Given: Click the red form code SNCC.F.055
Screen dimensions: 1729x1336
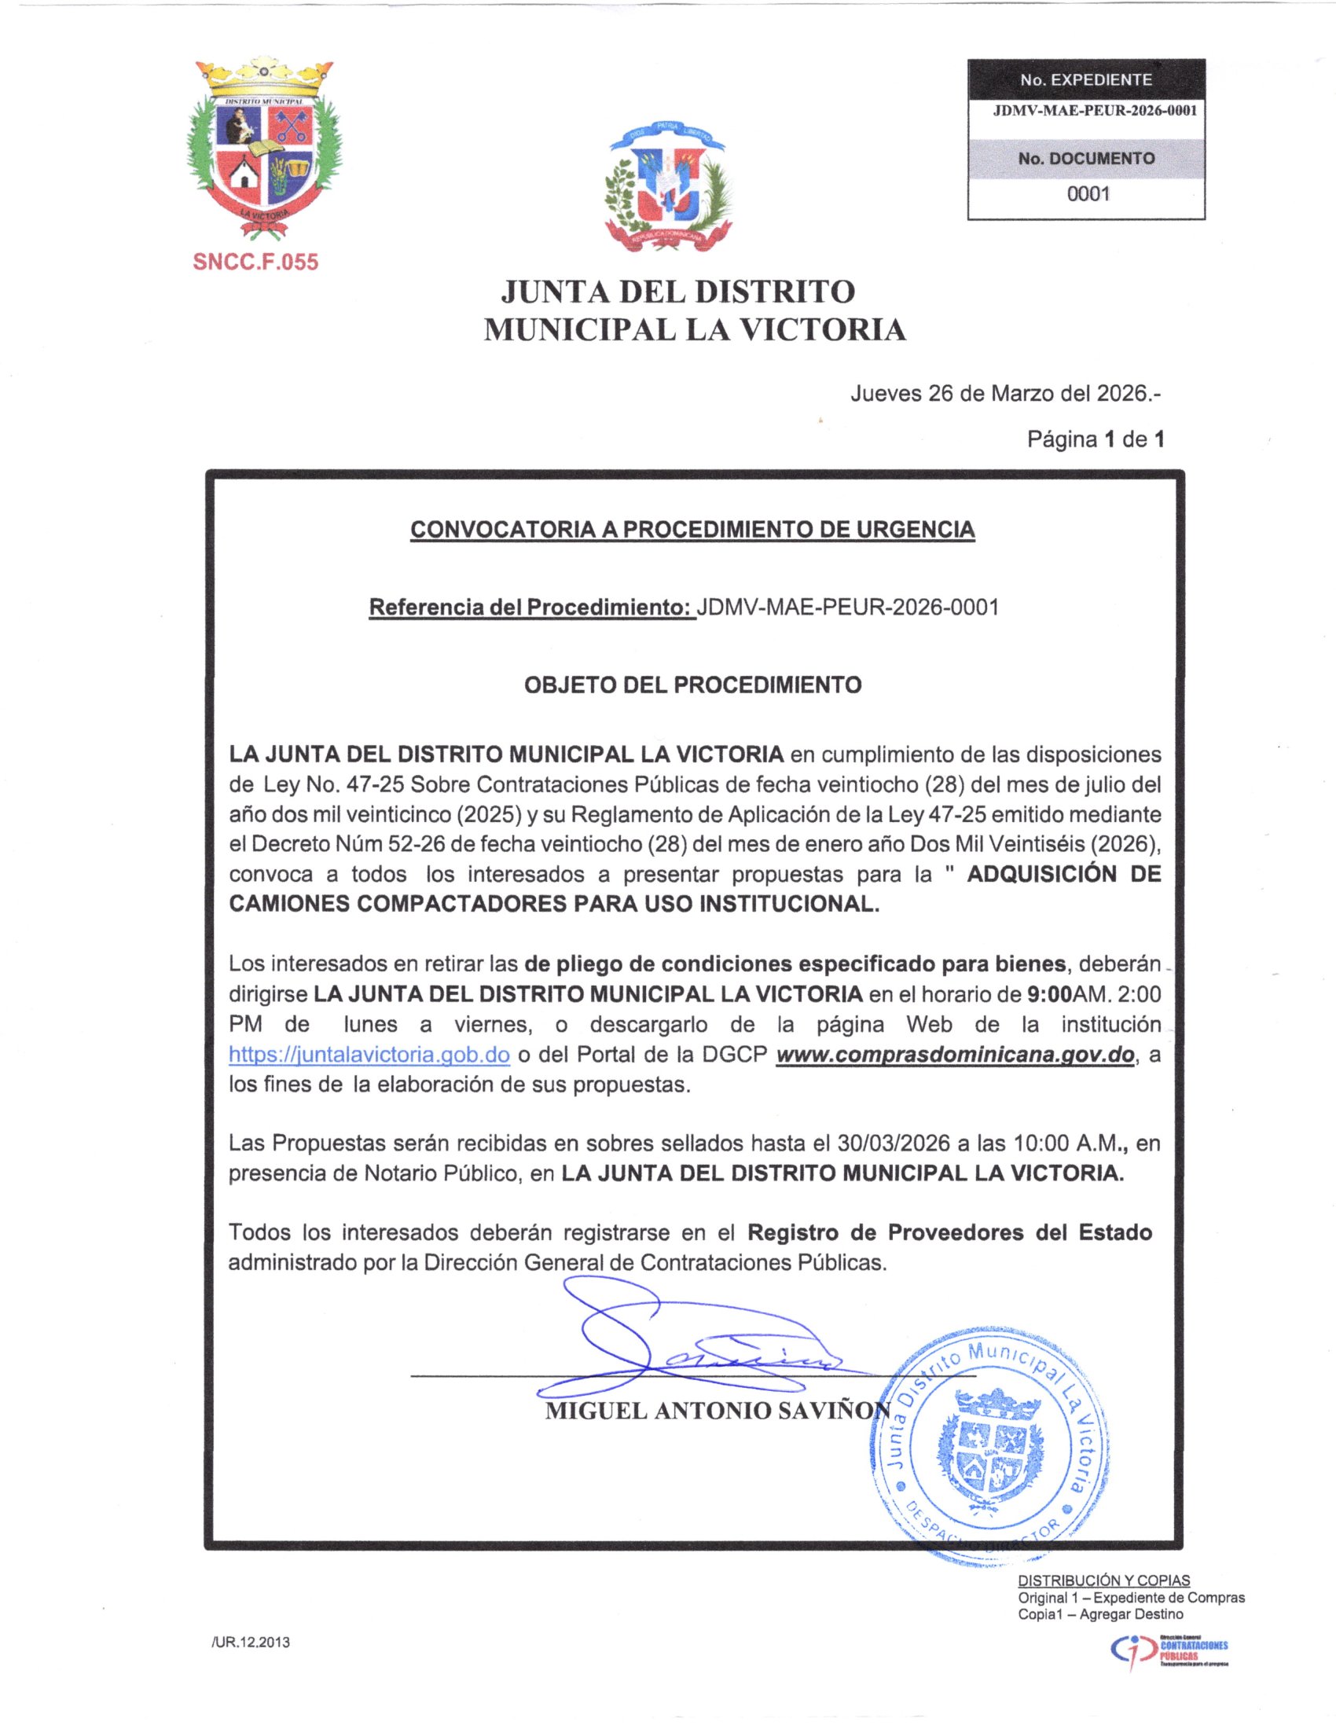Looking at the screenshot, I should (255, 262).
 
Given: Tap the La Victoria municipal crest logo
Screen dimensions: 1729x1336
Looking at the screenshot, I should (263, 148).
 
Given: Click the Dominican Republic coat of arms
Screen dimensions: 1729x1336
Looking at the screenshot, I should (667, 187).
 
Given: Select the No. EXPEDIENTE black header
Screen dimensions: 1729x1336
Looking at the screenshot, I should (1086, 80).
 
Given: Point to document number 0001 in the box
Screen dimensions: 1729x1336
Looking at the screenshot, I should (1088, 194).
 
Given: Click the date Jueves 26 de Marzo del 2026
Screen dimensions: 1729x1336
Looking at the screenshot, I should (1004, 394).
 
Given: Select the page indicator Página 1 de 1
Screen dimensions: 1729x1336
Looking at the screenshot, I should (1096, 439).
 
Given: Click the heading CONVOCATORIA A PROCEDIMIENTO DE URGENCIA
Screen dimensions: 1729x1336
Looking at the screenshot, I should (692, 530).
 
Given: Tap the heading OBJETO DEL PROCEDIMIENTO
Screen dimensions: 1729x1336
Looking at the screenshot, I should (692, 685).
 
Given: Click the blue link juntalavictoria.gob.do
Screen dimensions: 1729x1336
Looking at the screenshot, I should (369, 1055).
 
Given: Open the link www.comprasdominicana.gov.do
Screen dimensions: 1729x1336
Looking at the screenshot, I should (956, 1055).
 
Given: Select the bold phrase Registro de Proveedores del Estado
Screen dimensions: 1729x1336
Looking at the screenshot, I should (949, 1232).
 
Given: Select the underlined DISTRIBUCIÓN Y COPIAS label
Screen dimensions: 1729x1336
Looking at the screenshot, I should (1103, 1580).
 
